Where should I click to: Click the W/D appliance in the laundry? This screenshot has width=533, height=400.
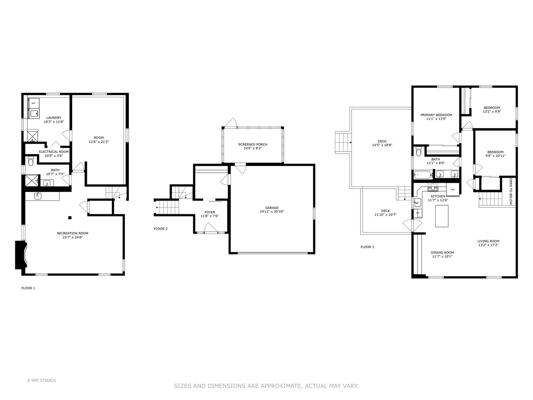[33, 103]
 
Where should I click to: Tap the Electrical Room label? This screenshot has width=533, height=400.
[54, 151]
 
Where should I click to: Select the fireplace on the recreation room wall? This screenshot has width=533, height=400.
[21, 255]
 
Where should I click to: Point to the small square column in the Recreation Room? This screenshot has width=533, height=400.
[70, 217]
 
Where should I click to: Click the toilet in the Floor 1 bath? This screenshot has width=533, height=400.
[31, 161]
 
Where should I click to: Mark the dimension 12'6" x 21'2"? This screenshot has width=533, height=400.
[99, 142]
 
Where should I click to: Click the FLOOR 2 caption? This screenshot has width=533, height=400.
[161, 229]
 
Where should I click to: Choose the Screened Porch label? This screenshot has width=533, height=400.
[252, 144]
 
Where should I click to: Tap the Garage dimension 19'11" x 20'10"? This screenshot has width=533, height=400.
[272, 212]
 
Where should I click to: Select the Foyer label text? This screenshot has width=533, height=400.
[209, 212]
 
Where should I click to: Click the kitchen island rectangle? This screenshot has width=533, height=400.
[442, 216]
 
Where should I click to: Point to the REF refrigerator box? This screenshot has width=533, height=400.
[453, 189]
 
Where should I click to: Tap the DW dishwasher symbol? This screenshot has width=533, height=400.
[418, 213]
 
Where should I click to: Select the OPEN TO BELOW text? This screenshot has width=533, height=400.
[511, 191]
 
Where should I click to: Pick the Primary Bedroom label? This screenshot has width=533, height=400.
[436, 115]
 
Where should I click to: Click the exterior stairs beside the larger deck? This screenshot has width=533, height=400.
[343, 143]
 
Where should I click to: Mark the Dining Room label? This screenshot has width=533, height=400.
[442, 253]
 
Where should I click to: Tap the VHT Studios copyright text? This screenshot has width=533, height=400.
[41, 380]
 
